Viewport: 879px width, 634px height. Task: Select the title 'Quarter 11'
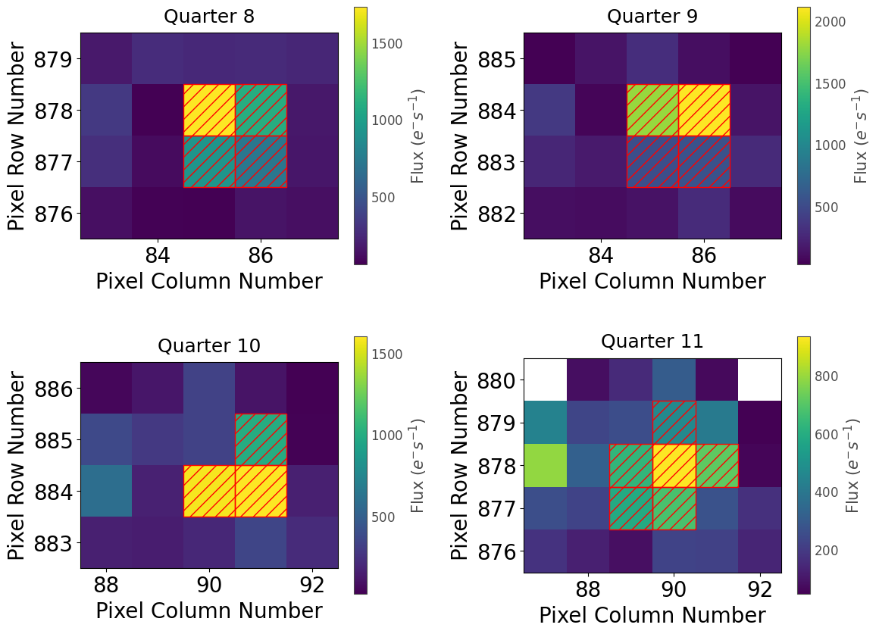pos(652,342)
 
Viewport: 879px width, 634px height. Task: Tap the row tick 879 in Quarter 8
pos(58,58)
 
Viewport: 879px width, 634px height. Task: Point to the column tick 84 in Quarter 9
pos(601,256)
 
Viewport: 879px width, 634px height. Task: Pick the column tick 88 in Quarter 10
pos(106,586)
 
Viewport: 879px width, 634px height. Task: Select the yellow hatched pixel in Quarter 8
pos(209,110)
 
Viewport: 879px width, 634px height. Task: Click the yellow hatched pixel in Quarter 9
pos(704,110)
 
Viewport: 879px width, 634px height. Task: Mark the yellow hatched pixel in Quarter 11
pos(674,465)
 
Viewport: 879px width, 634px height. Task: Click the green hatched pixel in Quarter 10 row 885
pos(261,439)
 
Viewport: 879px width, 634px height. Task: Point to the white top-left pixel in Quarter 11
pos(545,379)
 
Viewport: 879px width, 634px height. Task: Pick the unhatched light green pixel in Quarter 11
pos(545,465)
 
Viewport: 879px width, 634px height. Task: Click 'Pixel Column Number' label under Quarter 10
pos(209,611)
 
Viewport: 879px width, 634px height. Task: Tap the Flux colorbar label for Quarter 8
pos(417,136)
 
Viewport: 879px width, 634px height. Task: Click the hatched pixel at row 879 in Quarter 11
pos(674,422)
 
